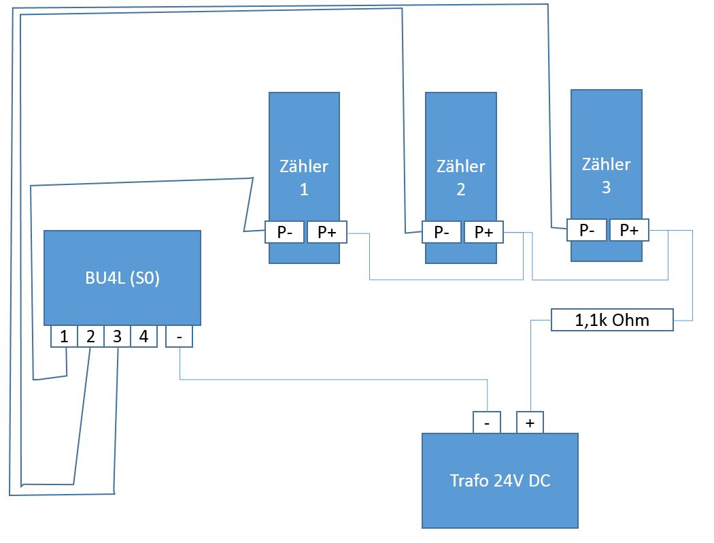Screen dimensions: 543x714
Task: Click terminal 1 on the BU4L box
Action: point(64,336)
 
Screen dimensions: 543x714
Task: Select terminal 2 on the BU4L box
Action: point(90,336)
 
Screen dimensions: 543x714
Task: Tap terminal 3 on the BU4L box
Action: point(117,336)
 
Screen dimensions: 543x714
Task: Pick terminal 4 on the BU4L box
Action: point(143,336)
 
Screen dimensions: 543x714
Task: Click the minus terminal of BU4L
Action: point(179,336)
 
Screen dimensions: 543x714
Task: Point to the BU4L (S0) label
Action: point(122,278)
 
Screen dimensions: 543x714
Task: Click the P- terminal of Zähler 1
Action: point(285,232)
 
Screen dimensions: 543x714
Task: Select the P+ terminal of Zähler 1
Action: point(327,232)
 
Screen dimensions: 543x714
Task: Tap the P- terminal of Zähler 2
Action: point(441,232)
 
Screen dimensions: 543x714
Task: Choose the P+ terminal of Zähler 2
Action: point(483,232)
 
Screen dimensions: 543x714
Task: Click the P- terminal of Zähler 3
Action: point(588,230)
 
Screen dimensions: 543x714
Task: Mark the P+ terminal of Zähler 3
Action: point(629,230)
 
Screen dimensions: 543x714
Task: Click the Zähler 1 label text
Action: point(304,178)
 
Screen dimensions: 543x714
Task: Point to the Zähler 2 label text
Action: point(461,178)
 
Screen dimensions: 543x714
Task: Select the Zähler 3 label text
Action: point(607,176)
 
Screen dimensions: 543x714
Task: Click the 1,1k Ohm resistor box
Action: point(611,320)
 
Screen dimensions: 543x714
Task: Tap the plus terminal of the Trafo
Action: point(530,423)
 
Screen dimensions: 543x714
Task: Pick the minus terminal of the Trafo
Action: point(487,423)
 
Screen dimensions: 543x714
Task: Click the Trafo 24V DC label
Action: point(500,481)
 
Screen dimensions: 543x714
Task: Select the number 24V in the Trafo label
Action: point(503,481)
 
